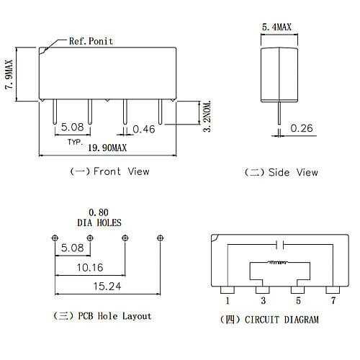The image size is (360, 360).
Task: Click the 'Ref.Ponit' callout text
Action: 91,41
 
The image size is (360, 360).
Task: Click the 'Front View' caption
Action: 109,171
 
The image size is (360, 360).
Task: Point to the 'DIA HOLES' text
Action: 100,222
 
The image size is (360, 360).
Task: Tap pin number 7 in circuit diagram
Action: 332,300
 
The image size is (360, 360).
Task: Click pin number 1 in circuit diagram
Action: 227,300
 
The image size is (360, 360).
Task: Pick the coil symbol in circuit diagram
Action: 279,263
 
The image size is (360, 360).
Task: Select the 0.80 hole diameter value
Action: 99,212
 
